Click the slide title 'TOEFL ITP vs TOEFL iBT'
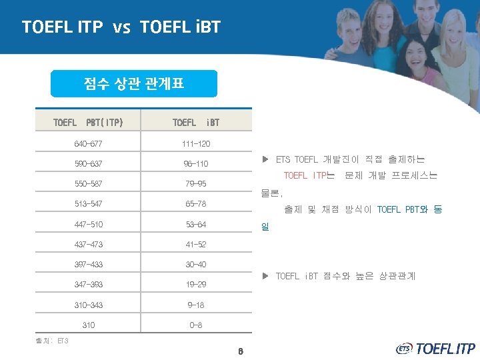[121, 27]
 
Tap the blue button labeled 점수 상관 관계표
[134, 84]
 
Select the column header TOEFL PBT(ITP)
[88, 123]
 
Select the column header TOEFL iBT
[196, 123]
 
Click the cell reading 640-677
[88, 143]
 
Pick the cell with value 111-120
[196, 143]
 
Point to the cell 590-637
[88, 164]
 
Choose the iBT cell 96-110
[196, 164]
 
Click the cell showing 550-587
[88, 184]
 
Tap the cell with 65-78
[196, 204]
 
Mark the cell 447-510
[88, 225]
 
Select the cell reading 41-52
[196, 245]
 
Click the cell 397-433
[88, 265]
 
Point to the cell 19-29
[196, 285]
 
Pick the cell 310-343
[88, 305]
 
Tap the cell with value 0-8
[196, 325]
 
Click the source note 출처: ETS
[52, 341]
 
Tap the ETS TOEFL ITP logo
[435, 348]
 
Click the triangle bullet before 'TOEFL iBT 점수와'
[265, 276]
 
